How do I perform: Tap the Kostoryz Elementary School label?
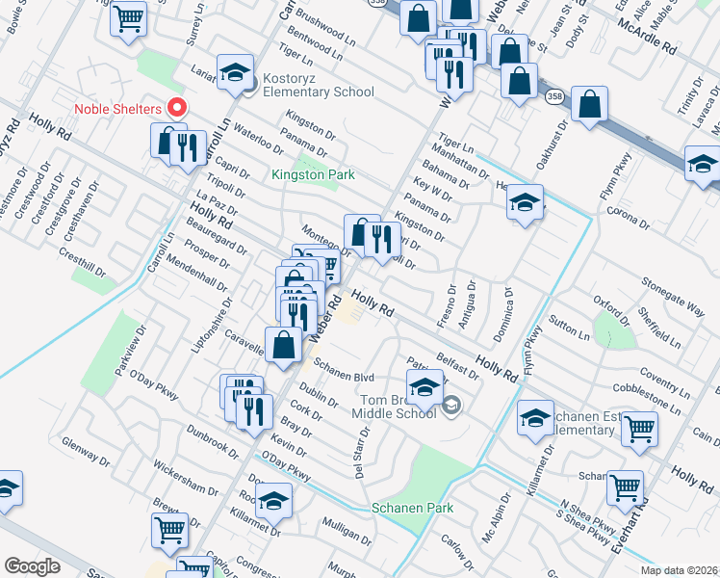click(315, 92)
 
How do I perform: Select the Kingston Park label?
click(314, 174)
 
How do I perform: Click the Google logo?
click(33, 566)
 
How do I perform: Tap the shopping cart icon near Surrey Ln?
click(127, 18)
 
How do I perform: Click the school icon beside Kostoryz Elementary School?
click(234, 72)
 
